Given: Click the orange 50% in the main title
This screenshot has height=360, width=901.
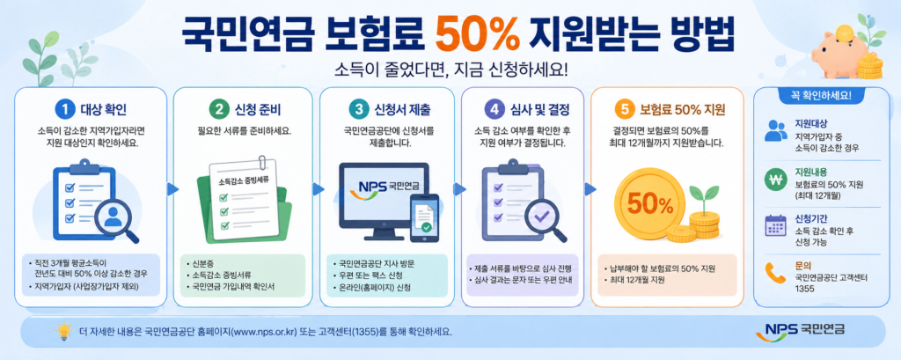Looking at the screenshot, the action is [x=477, y=36].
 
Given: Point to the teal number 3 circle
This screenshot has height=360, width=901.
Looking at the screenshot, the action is [x=358, y=108].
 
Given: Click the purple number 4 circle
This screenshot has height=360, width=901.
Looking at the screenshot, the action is [x=494, y=108].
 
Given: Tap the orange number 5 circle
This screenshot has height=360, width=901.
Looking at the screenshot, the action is [x=624, y=108].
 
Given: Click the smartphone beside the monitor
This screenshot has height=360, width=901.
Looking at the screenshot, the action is [x=424, y=217].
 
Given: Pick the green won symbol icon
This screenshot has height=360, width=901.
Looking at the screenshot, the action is [x=775, y=180].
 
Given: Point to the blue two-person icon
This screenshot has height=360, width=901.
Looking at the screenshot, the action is [x=776, y=131].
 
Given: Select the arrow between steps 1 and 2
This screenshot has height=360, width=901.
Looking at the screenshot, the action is [x=170, y=188].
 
